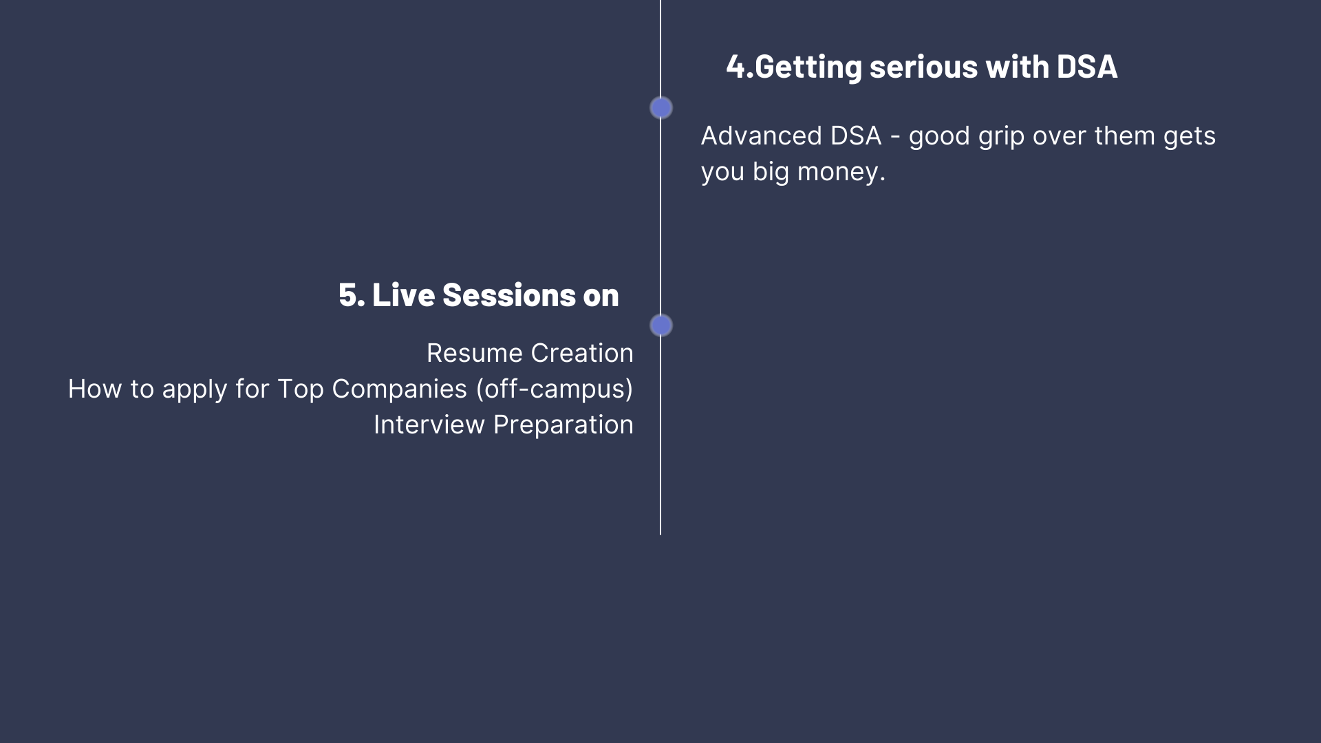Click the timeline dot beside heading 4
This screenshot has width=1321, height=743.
click(661, 108)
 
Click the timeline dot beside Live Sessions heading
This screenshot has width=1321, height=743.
click(661, 325)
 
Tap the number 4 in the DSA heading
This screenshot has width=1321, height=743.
click(735, 67)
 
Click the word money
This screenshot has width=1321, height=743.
click(841, 172)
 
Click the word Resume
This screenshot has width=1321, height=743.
click(475, 354)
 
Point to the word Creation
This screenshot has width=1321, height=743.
click(582, 354)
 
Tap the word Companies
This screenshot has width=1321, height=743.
click(400, 390)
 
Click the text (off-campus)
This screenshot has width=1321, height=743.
click(555, 389)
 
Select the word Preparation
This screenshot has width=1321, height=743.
click(563, 426)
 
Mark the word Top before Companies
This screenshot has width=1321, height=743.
click(301, 390)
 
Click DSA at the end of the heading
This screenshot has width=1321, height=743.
click(1087, 67)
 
